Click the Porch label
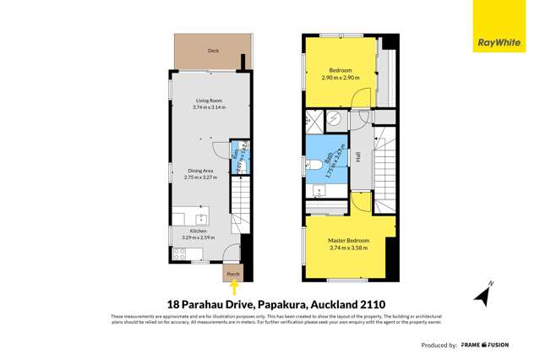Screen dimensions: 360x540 coord(232,274)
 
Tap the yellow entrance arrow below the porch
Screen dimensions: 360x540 coord(232,287)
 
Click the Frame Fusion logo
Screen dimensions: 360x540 coord(507,345)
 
